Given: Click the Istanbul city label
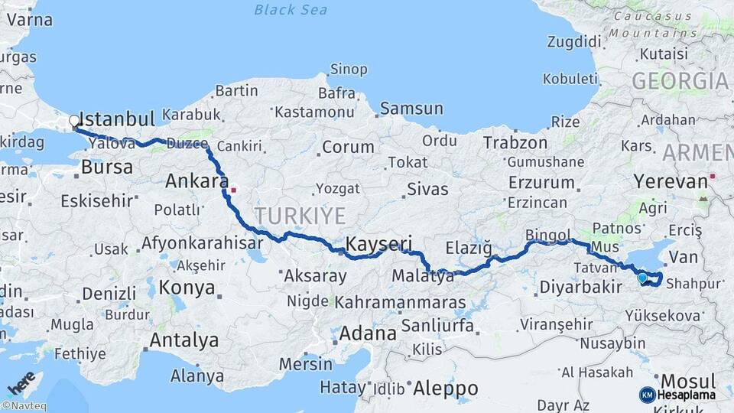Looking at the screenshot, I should pyautogui.click(x=117, y=119).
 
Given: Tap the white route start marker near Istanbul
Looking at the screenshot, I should pyautogui.click(x=74, y=120).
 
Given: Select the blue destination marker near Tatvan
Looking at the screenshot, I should pyautogui.click(x=642, y=278).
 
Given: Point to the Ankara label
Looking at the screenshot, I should pyautogui.click(x=196, y=182).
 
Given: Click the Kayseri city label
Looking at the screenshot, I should pyautogui.click(x=380, y=244).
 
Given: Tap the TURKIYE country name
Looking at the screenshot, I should pyautogui.click(x=300, y=215).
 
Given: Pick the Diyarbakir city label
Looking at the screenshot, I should pyautogui.click(x=580, y=288).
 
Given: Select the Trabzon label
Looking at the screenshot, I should pyautogui.click(x=515, y=143).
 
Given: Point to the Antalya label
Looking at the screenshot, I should pyautogui.click(x=184, y=340).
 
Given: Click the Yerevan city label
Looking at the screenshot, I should pyautogui.click(x=671, y=181).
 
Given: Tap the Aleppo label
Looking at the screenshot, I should pyautogui.click(x=445, y=388).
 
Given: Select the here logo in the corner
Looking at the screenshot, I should pyautogui.click(x=21, y=382).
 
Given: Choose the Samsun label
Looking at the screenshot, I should pyautogui.click(x=411, y=109).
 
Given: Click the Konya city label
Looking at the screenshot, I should pyautogui.click(x=187, y=288).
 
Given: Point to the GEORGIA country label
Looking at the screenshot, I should pyautogui.click(x=680, y=81).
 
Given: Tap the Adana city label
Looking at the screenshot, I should pyautogui.click(x=369, y=333).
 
